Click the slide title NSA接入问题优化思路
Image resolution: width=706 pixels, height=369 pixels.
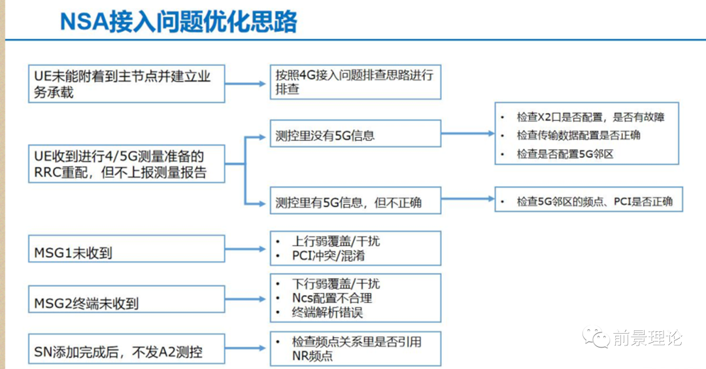pos(178,22)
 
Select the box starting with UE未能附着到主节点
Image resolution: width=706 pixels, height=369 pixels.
pos(127,84)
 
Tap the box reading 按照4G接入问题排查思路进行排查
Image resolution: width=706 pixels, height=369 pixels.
pos(355,82)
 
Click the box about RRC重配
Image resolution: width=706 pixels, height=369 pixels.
pos(127,164)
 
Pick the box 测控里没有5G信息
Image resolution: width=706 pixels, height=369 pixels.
pos(355,133)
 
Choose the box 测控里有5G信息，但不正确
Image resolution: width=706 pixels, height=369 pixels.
pos(355,201)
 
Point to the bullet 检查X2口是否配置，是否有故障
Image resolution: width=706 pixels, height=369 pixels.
pos(590,118)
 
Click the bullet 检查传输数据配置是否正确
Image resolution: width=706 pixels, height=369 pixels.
pos(578,135)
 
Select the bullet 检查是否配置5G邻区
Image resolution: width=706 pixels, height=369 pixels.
pos(565,154)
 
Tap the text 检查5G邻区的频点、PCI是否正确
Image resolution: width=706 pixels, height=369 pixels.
pos(594,202)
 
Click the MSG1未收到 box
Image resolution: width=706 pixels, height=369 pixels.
pos(127,248)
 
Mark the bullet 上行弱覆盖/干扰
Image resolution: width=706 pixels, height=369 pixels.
pos(336,241)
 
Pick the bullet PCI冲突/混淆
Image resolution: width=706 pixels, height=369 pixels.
pos(328,255)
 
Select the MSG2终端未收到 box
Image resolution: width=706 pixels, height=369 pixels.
pos(127,299)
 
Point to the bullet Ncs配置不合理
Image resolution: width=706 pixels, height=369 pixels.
pos(332,298)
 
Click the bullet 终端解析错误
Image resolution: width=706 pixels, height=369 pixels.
pos(327,312)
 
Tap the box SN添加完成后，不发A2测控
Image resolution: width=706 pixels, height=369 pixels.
pos(127,349)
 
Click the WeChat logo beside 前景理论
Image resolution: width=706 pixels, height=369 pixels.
pos(596,337)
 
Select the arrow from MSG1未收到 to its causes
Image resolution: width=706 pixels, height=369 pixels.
pos(245,249)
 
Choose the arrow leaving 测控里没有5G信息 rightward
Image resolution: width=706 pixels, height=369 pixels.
pos(468,133)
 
